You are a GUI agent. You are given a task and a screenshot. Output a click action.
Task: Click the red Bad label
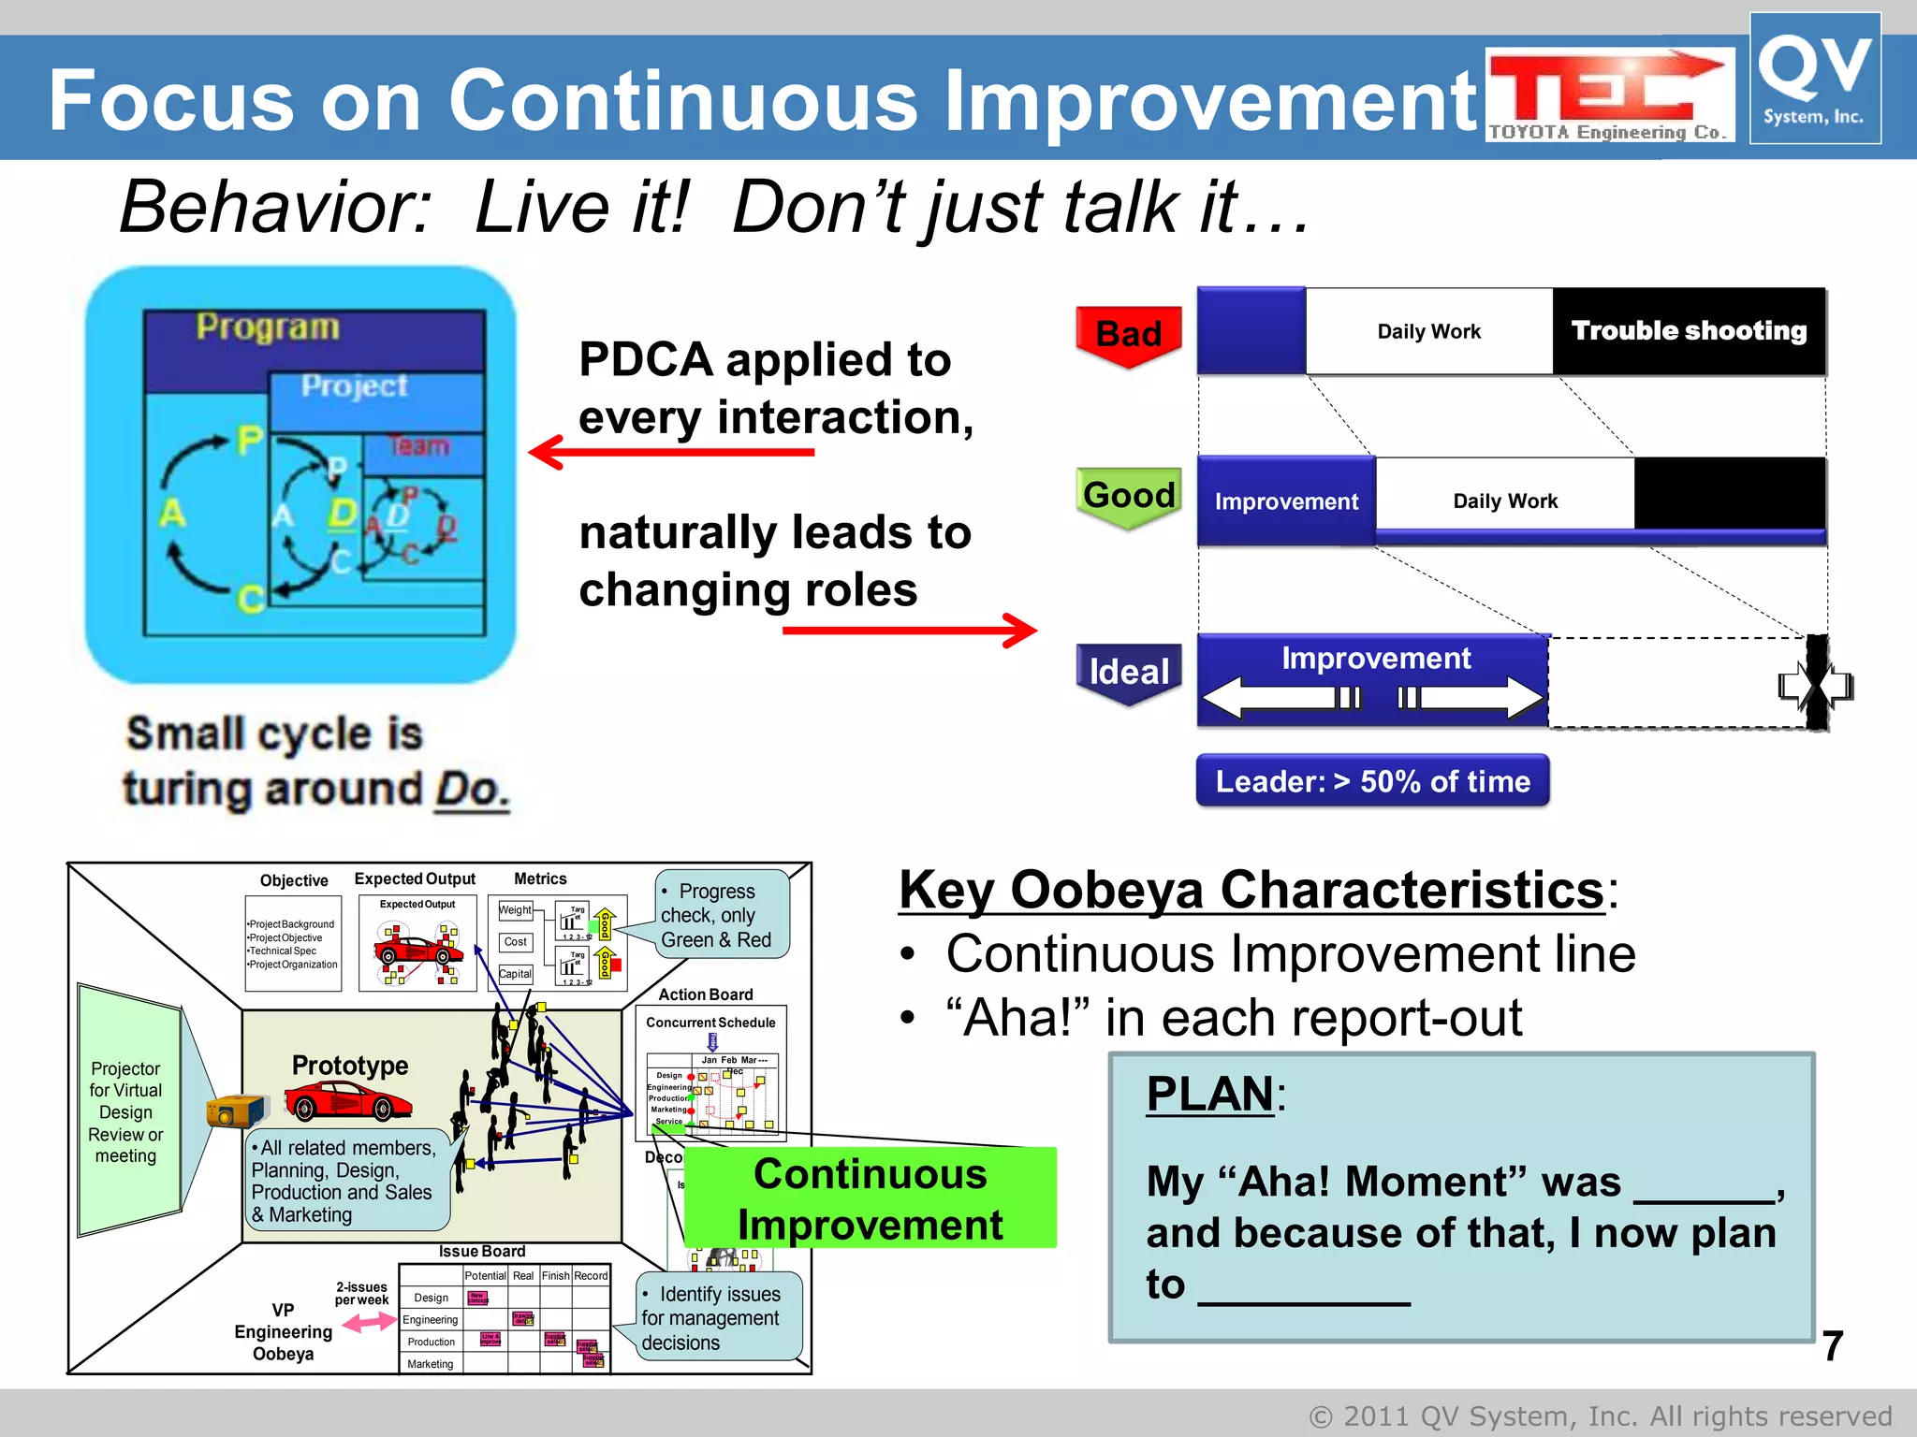pos(1128,334)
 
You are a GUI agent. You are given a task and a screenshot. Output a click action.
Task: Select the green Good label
pos(1129,495)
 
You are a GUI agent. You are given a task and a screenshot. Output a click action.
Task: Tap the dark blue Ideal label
pos(1129,671)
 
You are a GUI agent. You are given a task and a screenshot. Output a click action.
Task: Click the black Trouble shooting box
pos(1689,331)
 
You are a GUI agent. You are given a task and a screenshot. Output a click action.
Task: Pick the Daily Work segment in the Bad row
pos(1428,331)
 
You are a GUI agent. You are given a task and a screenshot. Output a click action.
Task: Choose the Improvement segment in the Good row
pos(1286,501)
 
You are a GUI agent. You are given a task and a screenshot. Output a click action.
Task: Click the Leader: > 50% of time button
pos(1372,781)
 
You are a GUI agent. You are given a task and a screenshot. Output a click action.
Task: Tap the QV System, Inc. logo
pos(1814,80)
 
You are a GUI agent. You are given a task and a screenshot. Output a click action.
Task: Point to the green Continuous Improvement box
pos(870,1198)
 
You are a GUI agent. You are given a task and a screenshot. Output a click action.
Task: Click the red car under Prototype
pos(347,1102)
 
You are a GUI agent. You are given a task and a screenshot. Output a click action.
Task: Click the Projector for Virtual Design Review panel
pos(126,1111)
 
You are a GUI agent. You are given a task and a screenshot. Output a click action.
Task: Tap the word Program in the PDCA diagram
pos(268,327)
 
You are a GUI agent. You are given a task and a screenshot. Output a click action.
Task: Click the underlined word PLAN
pos(1209,1093)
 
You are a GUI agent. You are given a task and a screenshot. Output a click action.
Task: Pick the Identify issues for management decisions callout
pos(718,1317)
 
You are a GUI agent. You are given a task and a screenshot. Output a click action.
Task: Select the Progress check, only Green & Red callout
pos(721,915)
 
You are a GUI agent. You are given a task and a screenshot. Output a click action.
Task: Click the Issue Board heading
pos(482,1251)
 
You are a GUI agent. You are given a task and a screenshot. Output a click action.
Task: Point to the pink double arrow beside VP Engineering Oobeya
pos(368,1322)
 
